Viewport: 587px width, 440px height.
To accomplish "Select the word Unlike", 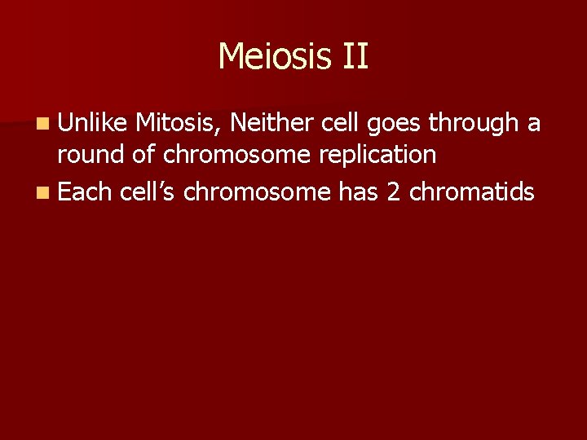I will click(x=93, y=123).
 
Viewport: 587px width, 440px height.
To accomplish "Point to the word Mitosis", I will click(x=179, y=124).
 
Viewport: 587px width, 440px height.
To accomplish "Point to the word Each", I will click(x=86, y=191).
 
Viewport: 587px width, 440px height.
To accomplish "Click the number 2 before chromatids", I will click(x=394, y=191).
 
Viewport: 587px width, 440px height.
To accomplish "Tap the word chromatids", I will click(x=472, y=191).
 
